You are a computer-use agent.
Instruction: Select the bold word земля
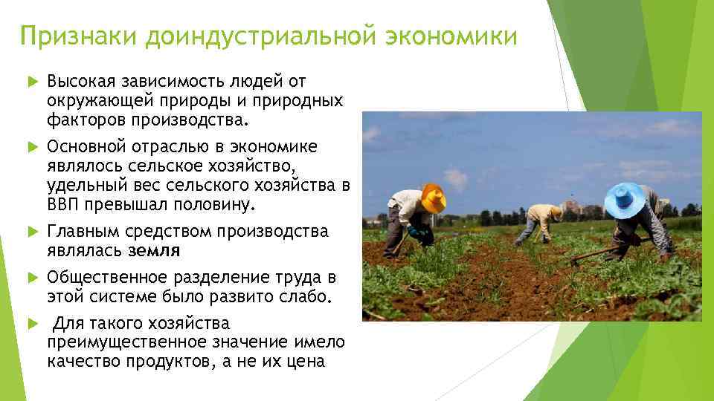[x=154, y=250]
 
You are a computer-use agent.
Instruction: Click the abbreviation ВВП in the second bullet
[x=63, y=203]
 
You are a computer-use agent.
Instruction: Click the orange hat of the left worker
[x=433, y=198]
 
